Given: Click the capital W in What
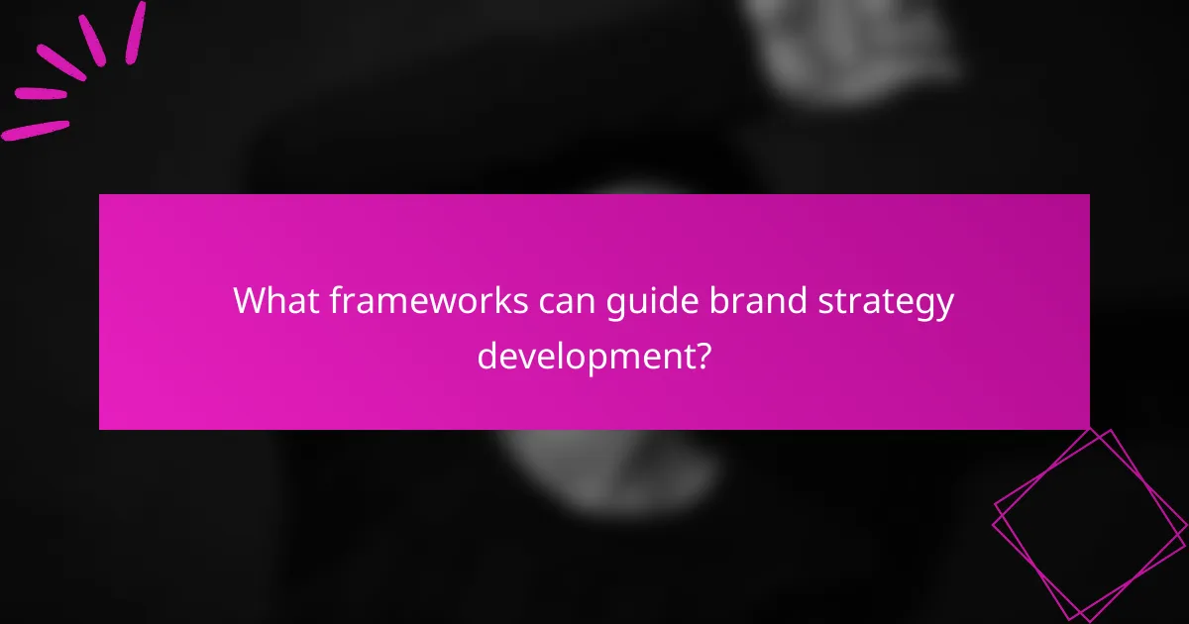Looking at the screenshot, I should pos(249,300).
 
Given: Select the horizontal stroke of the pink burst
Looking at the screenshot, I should pos(40,93).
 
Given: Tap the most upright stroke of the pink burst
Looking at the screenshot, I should pos(135,33).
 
